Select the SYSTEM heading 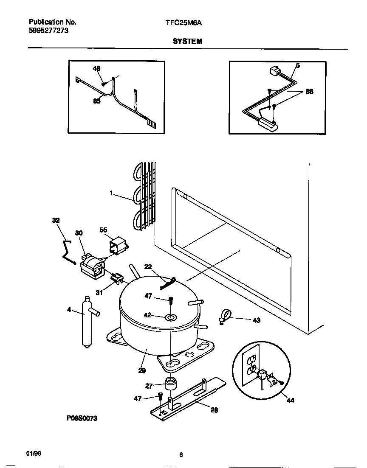[187, 41]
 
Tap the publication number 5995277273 [48, 31]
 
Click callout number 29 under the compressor [142, 370]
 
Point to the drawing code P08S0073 [82, 418]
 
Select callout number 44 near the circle [291, 400]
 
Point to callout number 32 [56, 220]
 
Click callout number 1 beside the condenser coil [111, 193]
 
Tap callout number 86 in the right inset [309, 91]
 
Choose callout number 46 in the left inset [96, 68]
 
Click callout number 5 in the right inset [298, 65]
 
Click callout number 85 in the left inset [97, 101]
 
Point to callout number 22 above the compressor [148, 266]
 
